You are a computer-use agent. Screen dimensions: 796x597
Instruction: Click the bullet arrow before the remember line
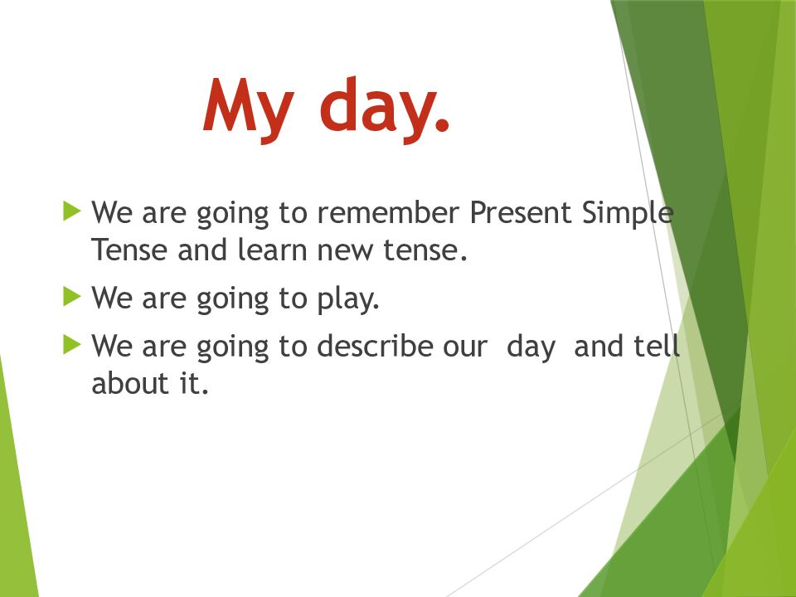point(72,211)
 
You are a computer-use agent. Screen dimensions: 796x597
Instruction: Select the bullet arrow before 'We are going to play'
point(72,296)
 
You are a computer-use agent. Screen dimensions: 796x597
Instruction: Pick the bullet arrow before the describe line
point(72,345)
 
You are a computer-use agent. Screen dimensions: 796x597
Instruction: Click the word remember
point(388,212)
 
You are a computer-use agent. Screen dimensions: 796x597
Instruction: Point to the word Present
point(521,212)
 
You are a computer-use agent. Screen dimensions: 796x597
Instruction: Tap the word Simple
point(628,213)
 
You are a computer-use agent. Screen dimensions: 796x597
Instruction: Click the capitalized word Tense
point(129,250)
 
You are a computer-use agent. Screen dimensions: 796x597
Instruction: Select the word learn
point(273,250)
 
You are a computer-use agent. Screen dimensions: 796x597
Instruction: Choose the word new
point(345,252)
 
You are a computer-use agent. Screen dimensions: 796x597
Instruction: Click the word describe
point(374,347)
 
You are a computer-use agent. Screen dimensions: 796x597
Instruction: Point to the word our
point(464,348)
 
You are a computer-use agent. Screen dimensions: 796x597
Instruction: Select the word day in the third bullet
point(531,348)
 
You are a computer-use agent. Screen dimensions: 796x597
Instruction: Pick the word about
point(130,383)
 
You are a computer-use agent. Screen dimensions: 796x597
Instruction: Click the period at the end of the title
point(442,125)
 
